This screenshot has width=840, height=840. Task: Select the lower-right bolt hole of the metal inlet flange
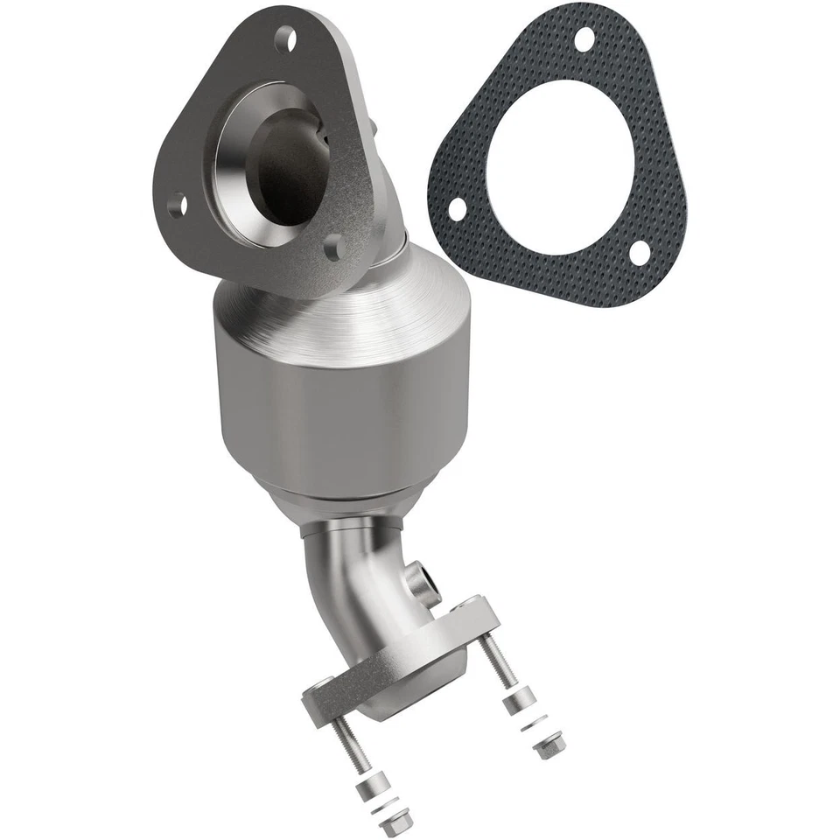click(332, 249)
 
